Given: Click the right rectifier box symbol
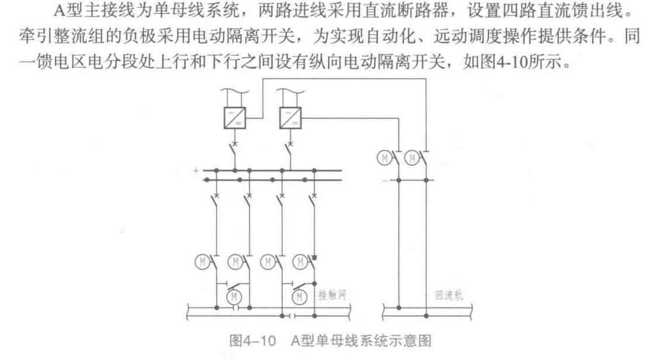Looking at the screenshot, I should point(290,117).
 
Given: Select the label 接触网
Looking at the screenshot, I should point(332,296).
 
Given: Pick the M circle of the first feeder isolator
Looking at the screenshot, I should point(202,259).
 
